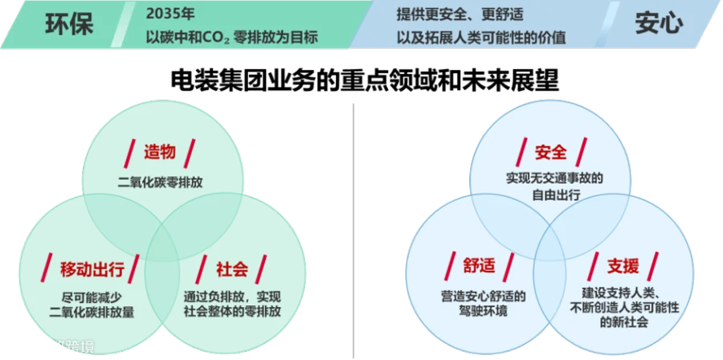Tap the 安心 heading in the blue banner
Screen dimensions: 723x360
pos(659,23)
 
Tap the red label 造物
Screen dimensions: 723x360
pos(160,151)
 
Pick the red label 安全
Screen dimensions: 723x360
pos(551,151)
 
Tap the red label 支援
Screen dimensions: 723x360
pos(623,267)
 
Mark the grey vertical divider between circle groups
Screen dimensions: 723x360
pos(353,225)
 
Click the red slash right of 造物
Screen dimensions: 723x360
pos(190,151)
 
